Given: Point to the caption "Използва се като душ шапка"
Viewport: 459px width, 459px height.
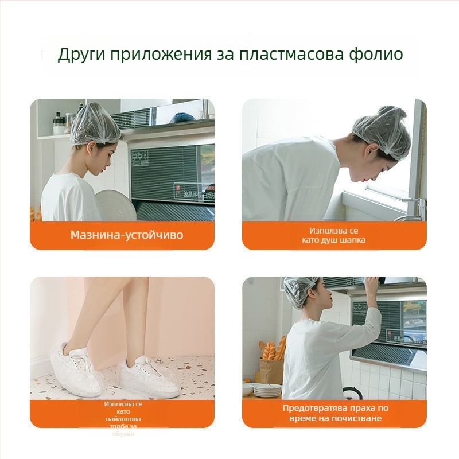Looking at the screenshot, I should pyautogui.click(x=333, y=235).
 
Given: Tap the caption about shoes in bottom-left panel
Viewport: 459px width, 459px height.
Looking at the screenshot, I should pyautogui.click(x=123, y=418).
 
